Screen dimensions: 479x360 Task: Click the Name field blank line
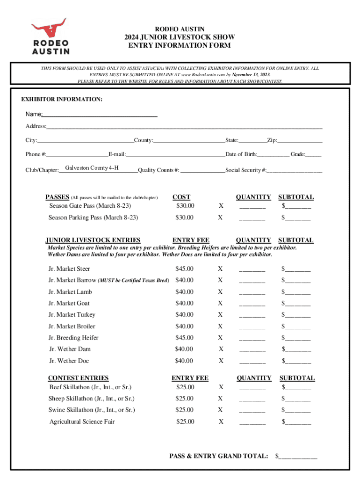click(x=100, y=115)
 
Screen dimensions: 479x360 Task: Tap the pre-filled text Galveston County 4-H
click(x=92, y=168)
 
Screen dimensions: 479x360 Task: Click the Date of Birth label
click(x=241, y=154)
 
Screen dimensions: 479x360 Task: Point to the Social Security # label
click(x=246, y=170)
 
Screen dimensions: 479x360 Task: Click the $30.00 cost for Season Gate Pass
click(x=185, y=206)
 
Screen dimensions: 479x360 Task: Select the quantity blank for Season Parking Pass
click(x=252, y=218)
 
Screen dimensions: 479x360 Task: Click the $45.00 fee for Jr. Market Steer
click(x=184, y=269)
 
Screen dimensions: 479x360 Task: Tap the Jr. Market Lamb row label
click(x=70, y=292)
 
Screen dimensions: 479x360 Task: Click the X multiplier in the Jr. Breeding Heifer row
click(x=220, y=338)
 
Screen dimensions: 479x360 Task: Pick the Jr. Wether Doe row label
click(x=69, y=361)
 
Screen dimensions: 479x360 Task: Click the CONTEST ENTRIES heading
click(x=78, y=378)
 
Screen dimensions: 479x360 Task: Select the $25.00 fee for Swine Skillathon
click(x=184, y=410)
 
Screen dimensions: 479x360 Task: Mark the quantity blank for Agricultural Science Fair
click(x=252, y=422)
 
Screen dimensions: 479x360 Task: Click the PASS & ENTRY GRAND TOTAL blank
click(x=298, y=456)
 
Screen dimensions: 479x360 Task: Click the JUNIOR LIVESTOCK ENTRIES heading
click(x=93, y=240)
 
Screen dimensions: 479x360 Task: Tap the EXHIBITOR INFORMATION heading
click(x=62, y=100)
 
